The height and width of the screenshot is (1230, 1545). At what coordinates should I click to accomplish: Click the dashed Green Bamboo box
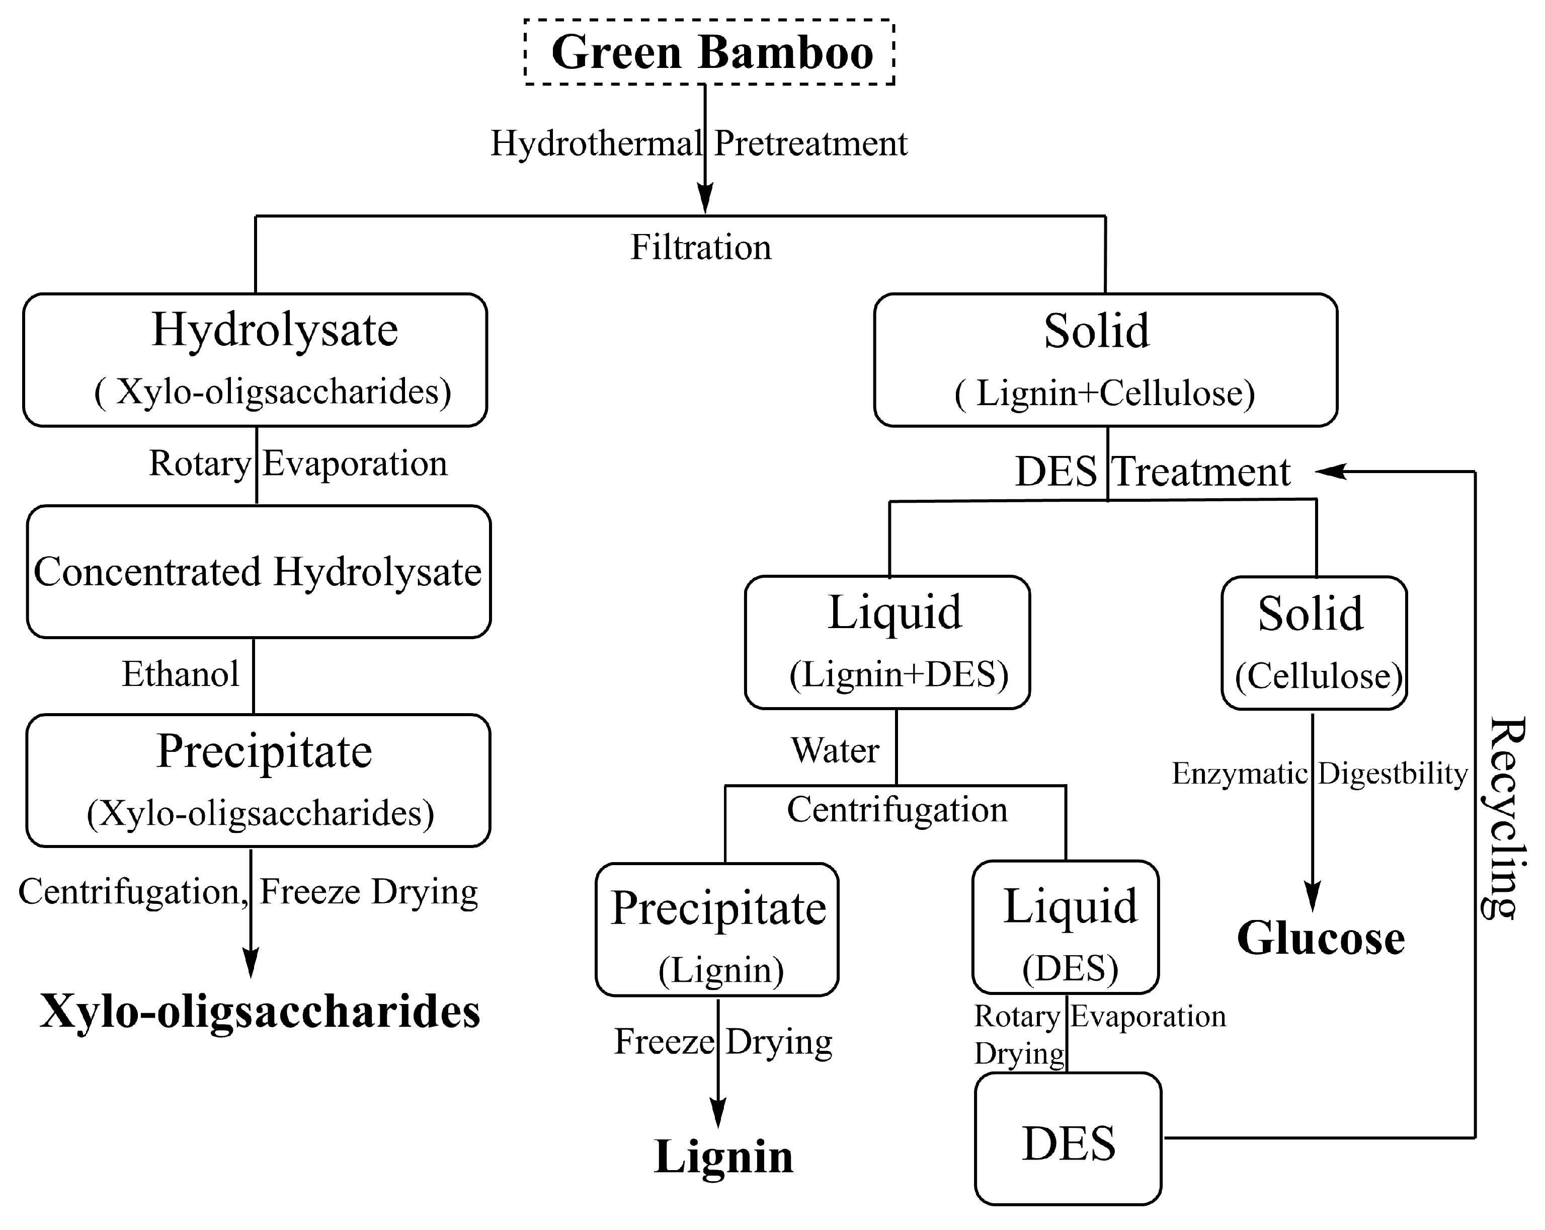[x=709, y=52]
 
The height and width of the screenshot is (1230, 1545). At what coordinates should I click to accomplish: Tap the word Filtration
[x=700, y=247]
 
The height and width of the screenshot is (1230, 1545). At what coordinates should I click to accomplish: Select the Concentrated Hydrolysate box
[x=259, y=572]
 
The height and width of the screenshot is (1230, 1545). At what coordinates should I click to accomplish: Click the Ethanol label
[x=180, y=674]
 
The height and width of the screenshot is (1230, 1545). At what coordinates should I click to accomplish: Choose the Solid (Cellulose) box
[x=1314, y=643]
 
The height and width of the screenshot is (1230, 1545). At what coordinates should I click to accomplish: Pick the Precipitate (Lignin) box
[x=716, y=930]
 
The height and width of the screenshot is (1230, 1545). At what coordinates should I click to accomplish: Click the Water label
[x=834, y=750]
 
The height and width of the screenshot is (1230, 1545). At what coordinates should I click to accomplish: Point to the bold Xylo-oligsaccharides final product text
[x=260, y=1012]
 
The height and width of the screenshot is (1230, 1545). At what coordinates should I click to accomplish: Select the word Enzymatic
[x=1239, y=774]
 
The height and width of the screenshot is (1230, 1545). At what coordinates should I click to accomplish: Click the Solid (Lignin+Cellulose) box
[x=1105, y=360]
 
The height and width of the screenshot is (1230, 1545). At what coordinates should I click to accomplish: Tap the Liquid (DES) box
[x=1066, y=927]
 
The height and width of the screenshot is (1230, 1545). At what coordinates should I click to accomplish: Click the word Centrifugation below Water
[x=897, y=810]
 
